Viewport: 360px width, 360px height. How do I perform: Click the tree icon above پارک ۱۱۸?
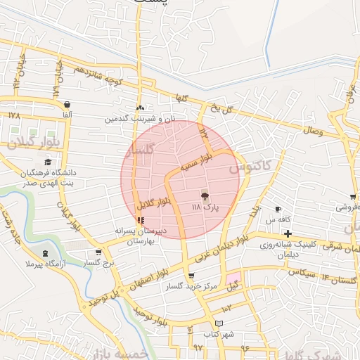[x=205, y=197]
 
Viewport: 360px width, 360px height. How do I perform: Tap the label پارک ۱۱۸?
[x=206, y=209]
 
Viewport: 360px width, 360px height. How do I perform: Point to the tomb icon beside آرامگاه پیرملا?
[x=46, y=252]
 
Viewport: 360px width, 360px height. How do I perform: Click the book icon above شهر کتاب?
[x=219, y=323]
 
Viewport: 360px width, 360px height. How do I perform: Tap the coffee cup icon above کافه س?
[x=278, y=210]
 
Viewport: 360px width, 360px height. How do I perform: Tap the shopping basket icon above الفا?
[x=67, y=105]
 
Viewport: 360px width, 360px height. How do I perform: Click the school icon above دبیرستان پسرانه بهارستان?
[x=140, y=220]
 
